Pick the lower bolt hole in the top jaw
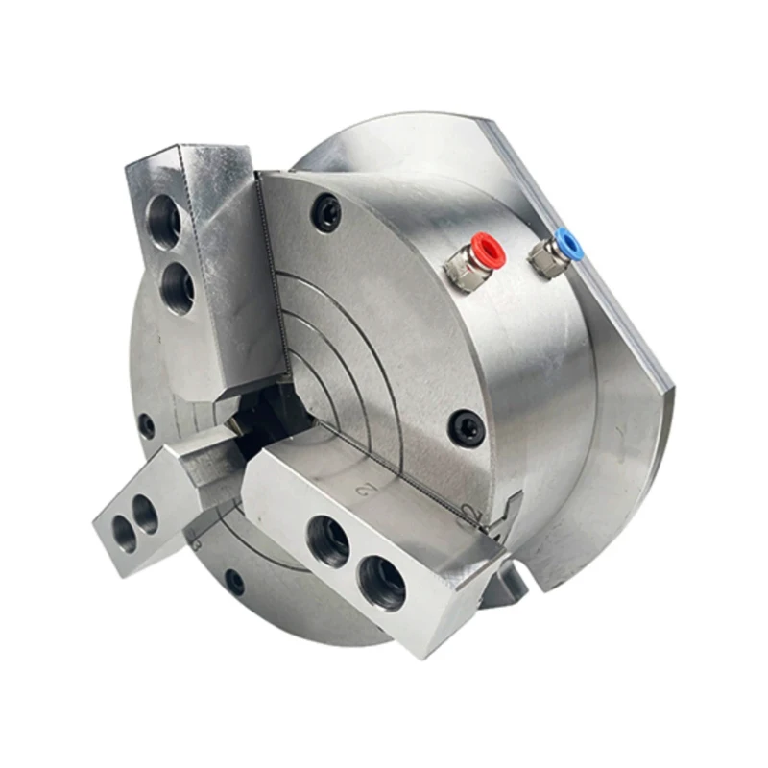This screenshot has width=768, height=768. point(177,285)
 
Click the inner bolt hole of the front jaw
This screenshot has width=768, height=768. point(328,540)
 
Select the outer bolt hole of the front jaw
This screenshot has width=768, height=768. point(383,581)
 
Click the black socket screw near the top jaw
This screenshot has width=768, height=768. point(327,213)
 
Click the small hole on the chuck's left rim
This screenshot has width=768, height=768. point(146,425)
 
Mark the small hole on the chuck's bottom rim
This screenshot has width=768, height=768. point(233,581)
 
